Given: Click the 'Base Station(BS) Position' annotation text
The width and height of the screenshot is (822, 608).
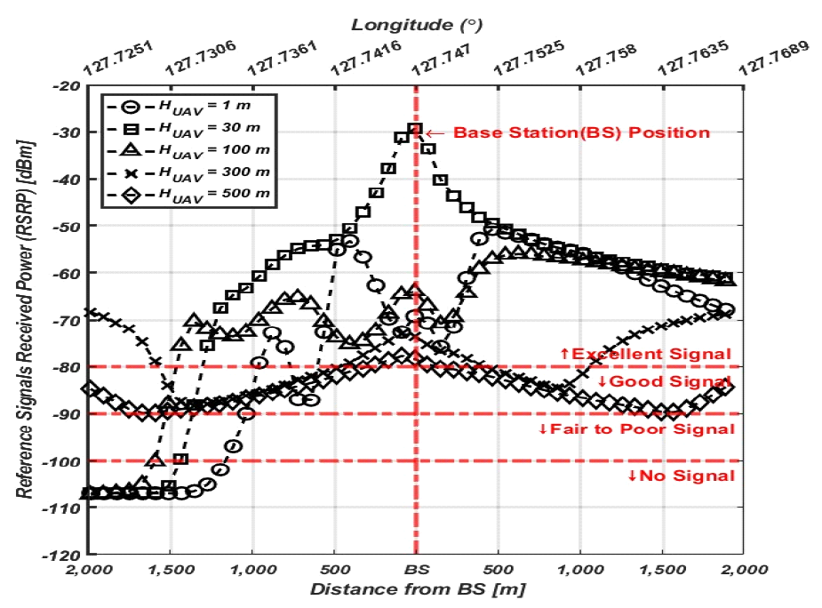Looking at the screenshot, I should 582,133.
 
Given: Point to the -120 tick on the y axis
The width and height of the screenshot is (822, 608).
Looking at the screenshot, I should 64,555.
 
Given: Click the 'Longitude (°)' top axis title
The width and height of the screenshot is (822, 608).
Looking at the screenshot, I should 416,23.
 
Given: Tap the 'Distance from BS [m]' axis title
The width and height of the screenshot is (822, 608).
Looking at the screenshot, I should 416,588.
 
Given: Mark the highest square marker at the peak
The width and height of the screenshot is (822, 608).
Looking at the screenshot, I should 415,129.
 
